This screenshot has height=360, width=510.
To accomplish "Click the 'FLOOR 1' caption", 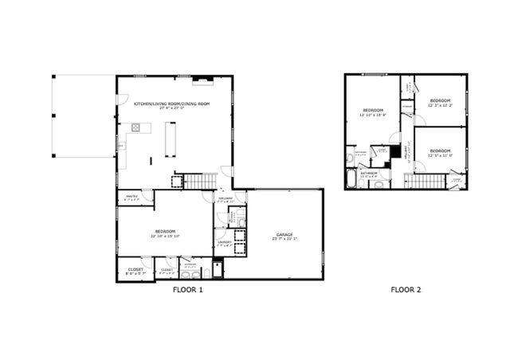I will [188, 290].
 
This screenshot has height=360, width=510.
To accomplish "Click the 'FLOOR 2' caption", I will [406, 290].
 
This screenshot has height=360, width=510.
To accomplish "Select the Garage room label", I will [284, 235].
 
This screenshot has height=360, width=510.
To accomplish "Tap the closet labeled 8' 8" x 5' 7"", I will [131, 269].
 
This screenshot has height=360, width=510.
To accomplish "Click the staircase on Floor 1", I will [200, 181].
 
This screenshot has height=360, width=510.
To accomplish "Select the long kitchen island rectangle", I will [171, 140].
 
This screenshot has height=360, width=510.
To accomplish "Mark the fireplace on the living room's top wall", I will [202, 80].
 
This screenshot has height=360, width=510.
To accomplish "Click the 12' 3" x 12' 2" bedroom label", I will [440, 103].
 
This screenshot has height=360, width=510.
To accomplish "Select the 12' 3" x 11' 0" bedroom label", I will [440, 153].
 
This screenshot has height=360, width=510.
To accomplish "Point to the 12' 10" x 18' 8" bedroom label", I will [374, 112].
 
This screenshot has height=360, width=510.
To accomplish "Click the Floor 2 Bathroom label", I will [369, 173].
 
